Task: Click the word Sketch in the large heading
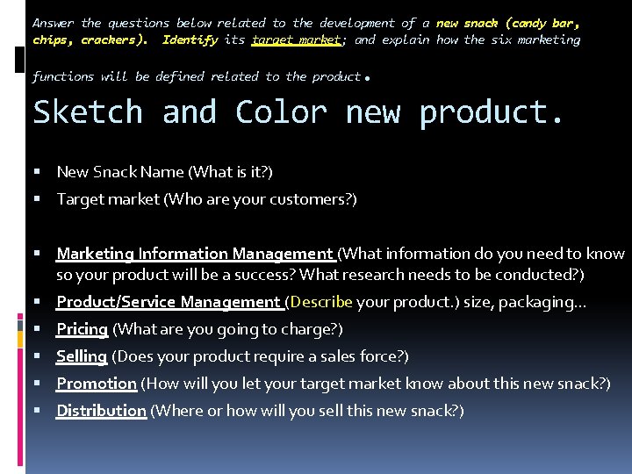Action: click(87, 112)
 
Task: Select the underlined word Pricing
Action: click(82, 329)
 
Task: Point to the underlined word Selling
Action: click(82, 356)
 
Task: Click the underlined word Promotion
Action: click(97, 384)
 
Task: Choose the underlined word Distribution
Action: click(101, 411)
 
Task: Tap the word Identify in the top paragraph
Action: click(190, 40)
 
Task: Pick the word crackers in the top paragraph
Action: click(111, 40)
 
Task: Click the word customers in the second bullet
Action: click(314, 199)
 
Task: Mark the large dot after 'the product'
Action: click(367, 78)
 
